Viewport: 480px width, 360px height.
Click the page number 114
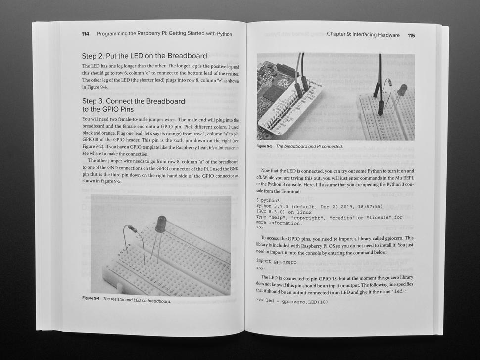coord(86,34)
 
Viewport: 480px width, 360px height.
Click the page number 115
coord(411,35)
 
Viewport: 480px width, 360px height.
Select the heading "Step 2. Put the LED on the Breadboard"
coord(144,56)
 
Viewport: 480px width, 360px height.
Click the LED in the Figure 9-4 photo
coord(160,224)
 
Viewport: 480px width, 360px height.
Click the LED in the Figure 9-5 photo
coord(401,90)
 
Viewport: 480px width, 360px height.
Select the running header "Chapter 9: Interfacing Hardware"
coord(367,35)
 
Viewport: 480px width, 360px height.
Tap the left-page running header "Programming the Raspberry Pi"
coord(164,34)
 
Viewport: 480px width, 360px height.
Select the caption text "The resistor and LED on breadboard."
coord(137,300)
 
